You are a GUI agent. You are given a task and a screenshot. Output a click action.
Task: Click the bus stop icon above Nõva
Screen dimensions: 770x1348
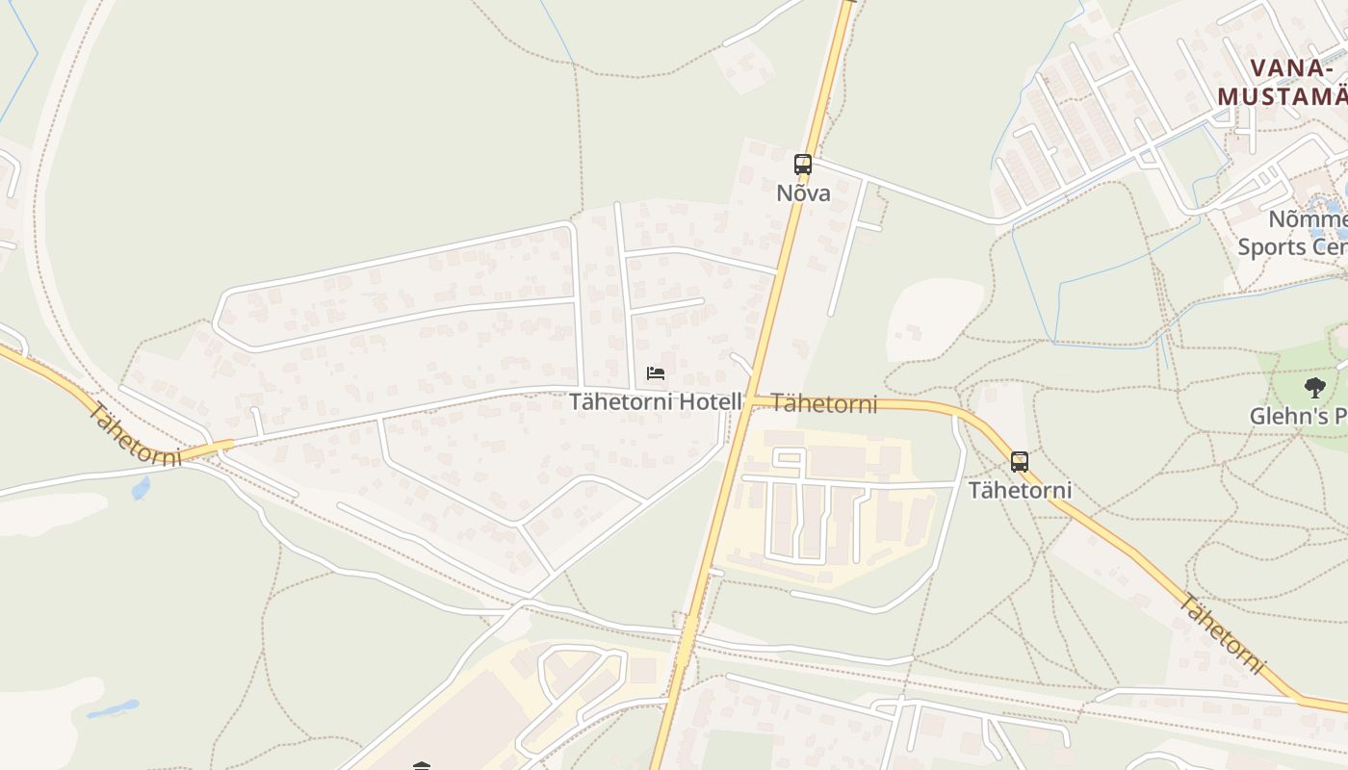[803, 165]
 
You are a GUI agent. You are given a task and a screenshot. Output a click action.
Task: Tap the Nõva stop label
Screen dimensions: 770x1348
[803, 192]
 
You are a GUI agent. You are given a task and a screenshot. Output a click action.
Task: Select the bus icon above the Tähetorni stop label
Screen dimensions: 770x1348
[1020, 462]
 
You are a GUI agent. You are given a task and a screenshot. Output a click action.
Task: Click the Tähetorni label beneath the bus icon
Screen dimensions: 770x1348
[1020, 490]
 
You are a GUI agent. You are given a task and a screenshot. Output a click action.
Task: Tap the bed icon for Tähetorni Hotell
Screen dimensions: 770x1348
[656, 373]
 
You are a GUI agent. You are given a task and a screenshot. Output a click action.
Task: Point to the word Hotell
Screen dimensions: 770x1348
[712, 401]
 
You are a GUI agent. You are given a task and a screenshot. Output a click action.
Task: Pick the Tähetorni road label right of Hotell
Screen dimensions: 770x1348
[824, 403]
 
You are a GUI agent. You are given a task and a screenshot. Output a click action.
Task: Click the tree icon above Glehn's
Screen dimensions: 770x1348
[1314, 388]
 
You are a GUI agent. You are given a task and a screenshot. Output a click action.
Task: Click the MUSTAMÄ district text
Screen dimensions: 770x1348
[1282, 96]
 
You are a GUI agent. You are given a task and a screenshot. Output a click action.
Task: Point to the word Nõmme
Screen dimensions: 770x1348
[1308, 219]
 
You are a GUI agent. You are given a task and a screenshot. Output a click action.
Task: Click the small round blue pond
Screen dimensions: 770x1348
[142, 488]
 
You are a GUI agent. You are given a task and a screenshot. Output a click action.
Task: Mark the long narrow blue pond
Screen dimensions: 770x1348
[113, 709]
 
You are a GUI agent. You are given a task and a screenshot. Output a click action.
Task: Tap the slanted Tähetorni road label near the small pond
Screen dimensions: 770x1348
[134, 435]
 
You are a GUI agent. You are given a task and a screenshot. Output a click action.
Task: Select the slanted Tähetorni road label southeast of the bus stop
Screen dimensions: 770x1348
[1221, 634]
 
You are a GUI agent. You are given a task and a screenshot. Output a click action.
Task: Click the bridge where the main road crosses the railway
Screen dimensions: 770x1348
[686, 642]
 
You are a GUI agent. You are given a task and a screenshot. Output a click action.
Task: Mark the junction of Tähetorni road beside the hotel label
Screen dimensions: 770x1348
[750, 401]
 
